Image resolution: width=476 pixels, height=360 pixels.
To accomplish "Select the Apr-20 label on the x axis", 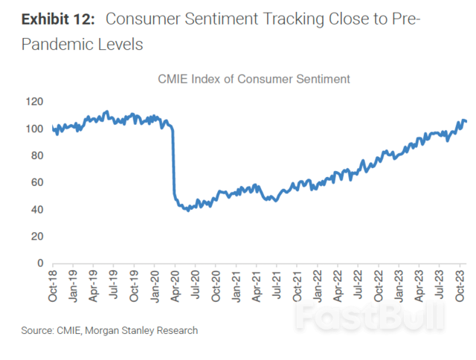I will tap(175, 286).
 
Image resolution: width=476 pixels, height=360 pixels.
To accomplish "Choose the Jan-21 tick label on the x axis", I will tap(235, 286).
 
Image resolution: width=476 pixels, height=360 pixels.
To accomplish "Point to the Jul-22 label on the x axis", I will tap(357, 286).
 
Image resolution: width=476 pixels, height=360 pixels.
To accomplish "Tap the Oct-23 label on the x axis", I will tap(459, 286).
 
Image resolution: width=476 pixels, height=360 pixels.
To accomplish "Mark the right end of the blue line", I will tap(466, 121).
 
